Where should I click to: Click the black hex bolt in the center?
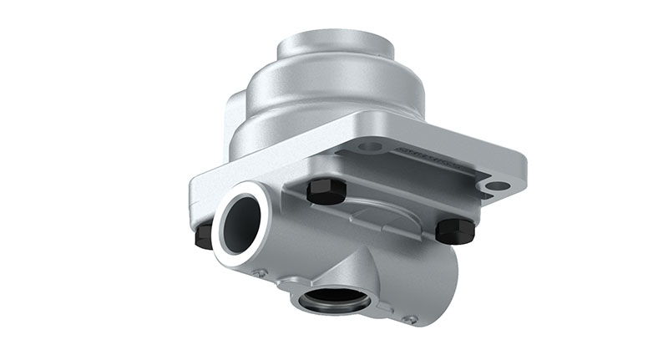pos(326,191)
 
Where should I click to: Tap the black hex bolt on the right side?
pos(455,230)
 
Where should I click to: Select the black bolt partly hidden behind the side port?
pos(203,236)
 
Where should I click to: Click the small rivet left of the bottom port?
pos(261,273)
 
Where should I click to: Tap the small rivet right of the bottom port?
pos(408,318)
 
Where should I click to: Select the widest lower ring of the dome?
pos(334,125)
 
